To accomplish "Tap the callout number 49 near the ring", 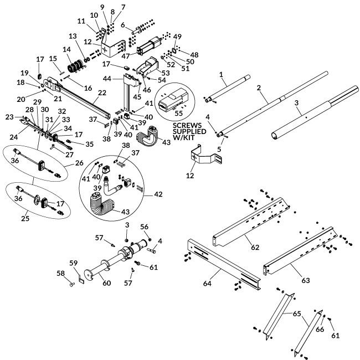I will pyautogui.click(x=177, y=37).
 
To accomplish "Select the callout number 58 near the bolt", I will pyautogui.click(x=61, y=273).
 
